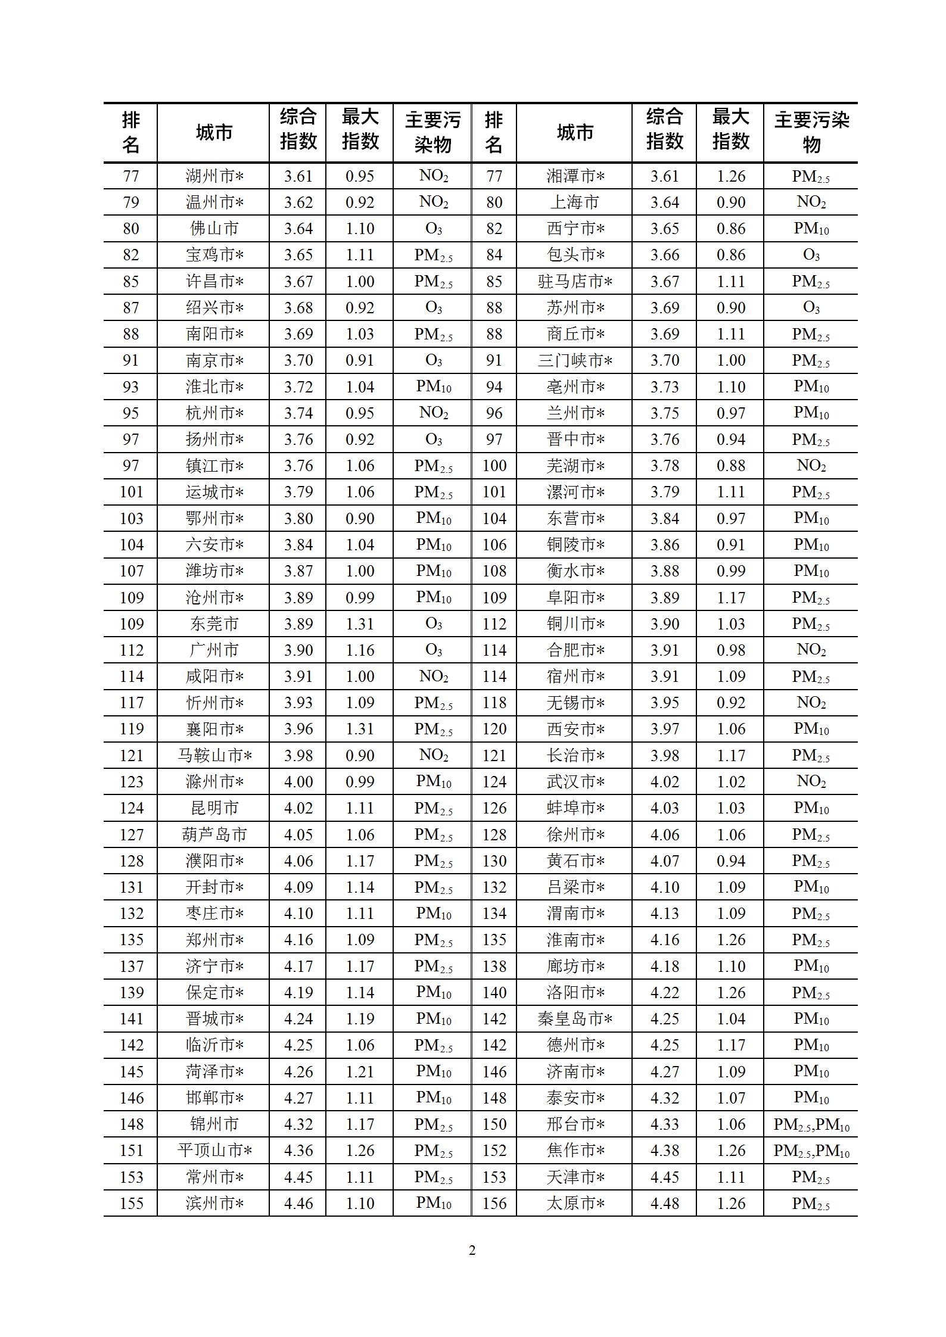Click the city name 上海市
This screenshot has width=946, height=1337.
(x=574, y=202)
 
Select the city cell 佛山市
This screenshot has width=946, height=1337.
(x=214, y=229)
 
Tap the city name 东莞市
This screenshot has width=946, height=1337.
(x=214, y=624)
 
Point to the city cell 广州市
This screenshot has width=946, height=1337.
(x=214, y=650)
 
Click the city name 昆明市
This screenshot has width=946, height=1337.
(x=214, y=808)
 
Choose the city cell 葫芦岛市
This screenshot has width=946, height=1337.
(x=214, y=835)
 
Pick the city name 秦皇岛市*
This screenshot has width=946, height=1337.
(x=574, y=1019)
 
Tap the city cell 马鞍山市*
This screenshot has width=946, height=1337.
(x=214, y=756)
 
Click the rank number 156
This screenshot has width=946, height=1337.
(x=494, y=1204)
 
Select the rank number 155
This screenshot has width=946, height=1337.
(x=132, y=1204)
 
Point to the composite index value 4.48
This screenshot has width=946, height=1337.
(x=665, y=1204)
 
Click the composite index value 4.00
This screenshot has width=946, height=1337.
(x=298, y=782)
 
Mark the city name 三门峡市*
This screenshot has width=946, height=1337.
(x=574, y=361)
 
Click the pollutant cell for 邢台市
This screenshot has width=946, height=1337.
(x=811, y=1124)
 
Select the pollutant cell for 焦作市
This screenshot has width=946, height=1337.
(x=811, y=1151)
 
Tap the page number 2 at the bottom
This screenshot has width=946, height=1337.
(x=472, y=1251)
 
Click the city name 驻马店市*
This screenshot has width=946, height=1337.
(x=574, y=282)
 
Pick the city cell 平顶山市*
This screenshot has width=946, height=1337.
(x=214, y=1151)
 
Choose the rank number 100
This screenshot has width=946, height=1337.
(x=494, y=466)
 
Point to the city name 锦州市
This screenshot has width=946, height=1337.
(x=214, y=1124)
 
